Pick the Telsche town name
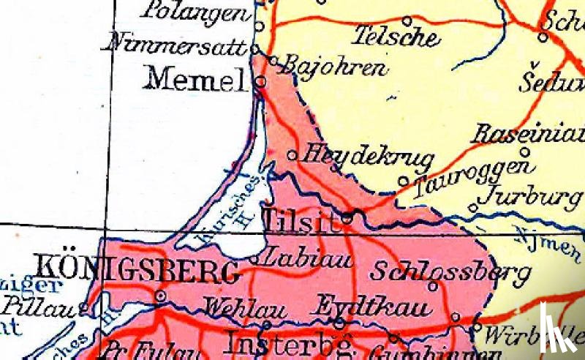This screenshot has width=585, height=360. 396,35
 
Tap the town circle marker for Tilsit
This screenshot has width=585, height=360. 348,217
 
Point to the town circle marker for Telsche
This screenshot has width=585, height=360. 407,20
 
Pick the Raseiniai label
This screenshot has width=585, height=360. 529,134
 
